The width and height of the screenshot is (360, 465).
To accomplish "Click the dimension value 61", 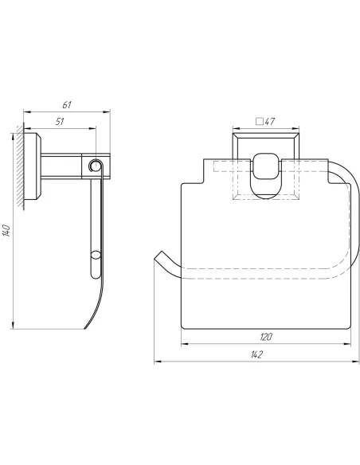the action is pos(67,105).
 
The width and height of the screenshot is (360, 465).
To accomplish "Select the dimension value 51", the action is pos(60,121).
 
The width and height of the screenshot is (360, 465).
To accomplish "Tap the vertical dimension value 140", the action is pos(6,231).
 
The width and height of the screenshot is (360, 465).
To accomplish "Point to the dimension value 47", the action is pos(270,121).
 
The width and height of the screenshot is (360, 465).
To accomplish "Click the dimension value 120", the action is pos(266,337).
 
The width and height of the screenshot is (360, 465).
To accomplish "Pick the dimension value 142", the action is pos(256,354).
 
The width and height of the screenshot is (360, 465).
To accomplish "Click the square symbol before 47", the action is pos(260,122).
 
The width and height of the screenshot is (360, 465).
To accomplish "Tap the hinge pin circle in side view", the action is pos(96,165).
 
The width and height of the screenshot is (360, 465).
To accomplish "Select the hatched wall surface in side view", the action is pos(20,166).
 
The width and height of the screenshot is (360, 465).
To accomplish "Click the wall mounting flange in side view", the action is pos(32,166).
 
